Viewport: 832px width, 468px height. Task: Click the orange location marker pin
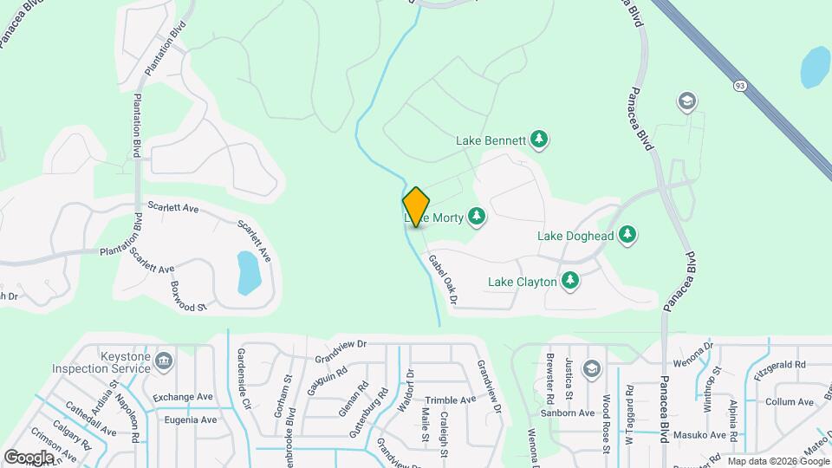tap(416, 206)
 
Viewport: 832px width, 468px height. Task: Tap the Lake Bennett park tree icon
tap(539, 140)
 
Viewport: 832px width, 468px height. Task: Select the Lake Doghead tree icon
tap(627, 234)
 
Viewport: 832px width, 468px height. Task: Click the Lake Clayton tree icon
tap(569, 280)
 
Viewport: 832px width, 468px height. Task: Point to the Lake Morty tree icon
tap(477, 217)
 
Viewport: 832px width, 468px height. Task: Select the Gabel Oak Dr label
tap(441, 278)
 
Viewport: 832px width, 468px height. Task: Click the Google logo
tap(29, 457)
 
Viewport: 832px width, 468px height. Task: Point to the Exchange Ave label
tap(183, 397)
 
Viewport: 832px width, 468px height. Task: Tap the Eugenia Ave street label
tap(191, 419)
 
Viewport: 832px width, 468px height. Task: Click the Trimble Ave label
tap(451, 400)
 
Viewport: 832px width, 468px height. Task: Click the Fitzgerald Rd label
tap(780, 364)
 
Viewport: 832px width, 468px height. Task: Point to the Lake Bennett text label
tap(491, 140)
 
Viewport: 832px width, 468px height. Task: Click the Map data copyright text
tap(778, 461)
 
